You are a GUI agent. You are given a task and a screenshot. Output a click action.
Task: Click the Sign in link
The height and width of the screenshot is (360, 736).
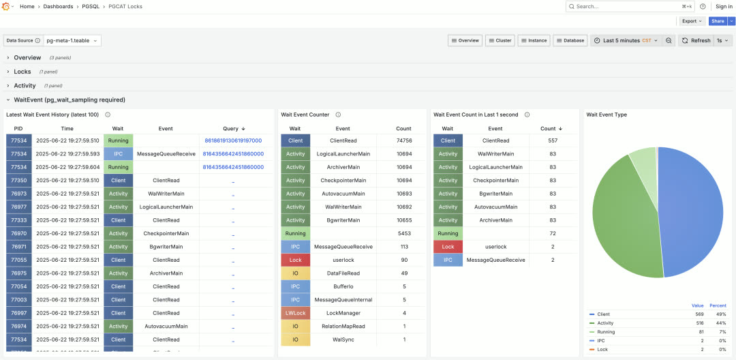click(724, 6)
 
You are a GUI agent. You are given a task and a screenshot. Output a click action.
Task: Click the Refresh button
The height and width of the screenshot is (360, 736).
click(696, 41)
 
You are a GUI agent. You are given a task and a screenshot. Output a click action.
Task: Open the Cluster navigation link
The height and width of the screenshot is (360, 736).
click(500, 41)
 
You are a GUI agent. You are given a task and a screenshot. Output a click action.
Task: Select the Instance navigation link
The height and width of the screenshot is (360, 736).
click(534, 41)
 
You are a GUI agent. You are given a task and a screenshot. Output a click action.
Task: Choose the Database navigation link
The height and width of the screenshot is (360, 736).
click(570, 41)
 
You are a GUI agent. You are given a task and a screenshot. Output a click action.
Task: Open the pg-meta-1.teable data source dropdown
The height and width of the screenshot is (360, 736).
click(72, 41)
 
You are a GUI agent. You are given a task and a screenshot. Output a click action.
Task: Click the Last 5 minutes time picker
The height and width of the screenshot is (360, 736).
click(626, 41)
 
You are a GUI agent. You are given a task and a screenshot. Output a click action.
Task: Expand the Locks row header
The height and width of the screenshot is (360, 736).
click(22, 72)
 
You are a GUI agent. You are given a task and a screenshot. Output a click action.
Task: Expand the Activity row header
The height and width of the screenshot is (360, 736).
click(25, 86)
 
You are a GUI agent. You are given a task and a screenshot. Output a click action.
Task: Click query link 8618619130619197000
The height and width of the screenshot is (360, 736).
click(233, 140)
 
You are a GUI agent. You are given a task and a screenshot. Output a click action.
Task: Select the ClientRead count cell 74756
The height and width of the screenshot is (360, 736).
click(403, 140)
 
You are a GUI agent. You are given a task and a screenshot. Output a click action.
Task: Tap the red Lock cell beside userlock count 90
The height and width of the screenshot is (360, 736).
click(295, 260)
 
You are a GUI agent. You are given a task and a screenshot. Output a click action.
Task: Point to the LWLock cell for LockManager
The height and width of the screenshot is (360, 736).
click(295, 313)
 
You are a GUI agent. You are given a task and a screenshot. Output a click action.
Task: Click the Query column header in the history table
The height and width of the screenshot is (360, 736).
click(230, 128)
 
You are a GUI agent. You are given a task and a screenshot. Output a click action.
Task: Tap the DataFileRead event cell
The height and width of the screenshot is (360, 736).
click(343, 273)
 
